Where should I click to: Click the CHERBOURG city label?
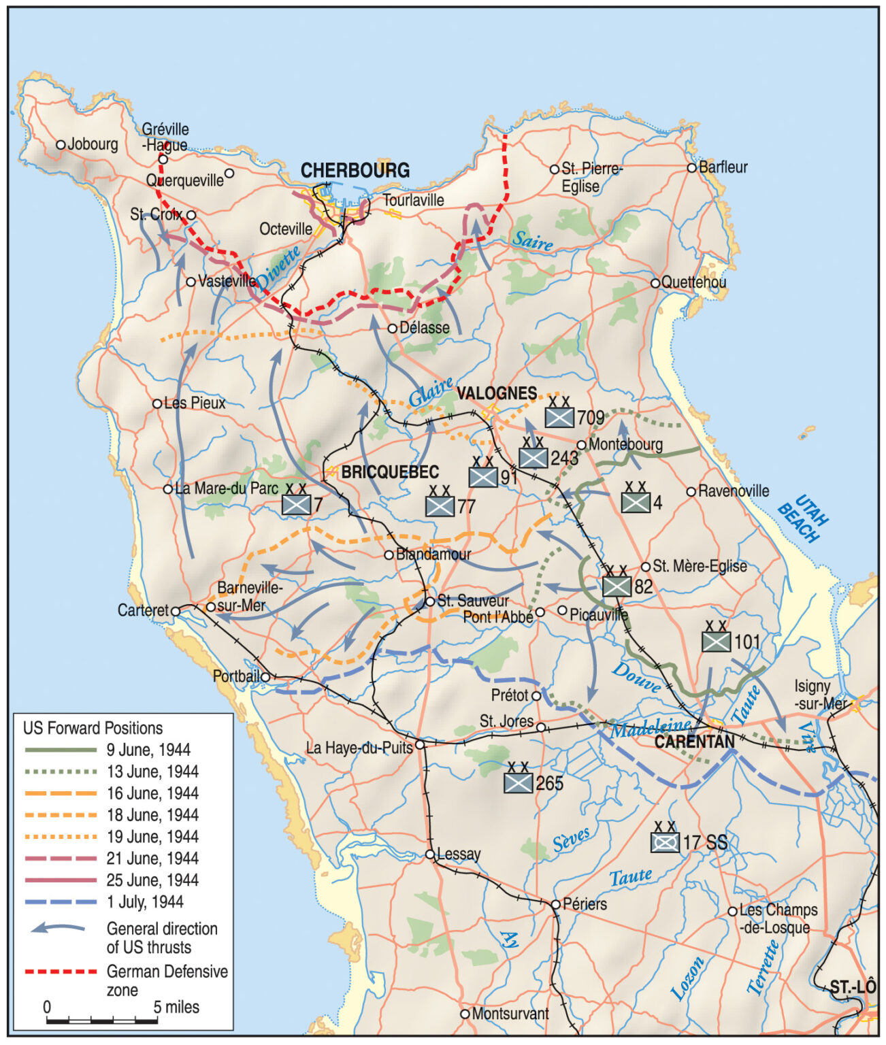(355, 170)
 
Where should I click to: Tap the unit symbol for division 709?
(559, 416)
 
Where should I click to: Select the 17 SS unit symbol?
(665, 842)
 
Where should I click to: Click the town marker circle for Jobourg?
(61, 144)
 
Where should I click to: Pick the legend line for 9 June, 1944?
(61, 750)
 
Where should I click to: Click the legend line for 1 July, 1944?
(61, 902)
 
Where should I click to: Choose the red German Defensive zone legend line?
(61, 972)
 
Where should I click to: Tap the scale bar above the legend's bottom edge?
(101, 1021)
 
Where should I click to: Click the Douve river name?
(636, 677)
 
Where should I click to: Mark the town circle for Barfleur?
(691, 167)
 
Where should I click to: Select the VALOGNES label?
(496, 393)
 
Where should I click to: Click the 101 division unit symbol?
(716, 641)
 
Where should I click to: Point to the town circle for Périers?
(555, 904)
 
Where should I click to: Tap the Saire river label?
(532, 241)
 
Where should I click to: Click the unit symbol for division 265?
(518, 782)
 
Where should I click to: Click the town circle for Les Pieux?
(157, 403)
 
